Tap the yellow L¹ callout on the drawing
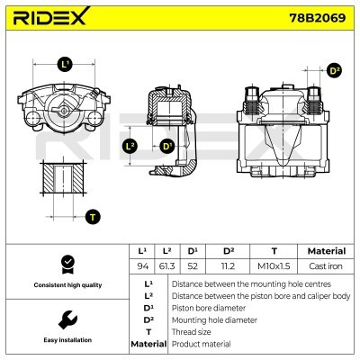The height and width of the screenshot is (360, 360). [x=64, y=64]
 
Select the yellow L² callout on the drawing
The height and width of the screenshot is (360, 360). [x=130, y=146]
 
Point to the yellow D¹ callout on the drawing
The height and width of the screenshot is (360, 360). [x=166, y=146]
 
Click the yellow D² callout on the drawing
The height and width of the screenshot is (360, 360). [x=334, y=70]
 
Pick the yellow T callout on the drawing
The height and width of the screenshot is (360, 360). [x=91, y=216]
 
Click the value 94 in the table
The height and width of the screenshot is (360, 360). [x=140, y=267]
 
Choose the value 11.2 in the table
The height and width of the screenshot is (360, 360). [x=228, y=267]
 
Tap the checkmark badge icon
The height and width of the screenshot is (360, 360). [x=66, y=264]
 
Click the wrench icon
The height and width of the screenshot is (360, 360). [x=66, y=320]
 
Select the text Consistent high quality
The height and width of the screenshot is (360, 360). [x=66, y=285]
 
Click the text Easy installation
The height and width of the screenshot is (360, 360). [x=66, y=341]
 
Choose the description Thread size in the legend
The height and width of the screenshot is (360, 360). [x=191, y=331]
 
